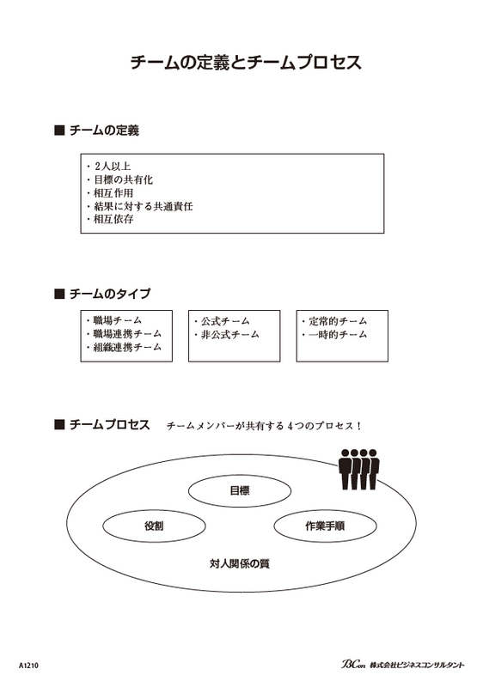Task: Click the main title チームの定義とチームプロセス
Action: (246, 62)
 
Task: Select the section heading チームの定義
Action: (104, 131)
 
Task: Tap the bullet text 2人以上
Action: (113, 167)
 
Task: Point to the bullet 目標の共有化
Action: (123, 179)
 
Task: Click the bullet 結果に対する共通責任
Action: (143, 206)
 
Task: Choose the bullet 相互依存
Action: (113, 219)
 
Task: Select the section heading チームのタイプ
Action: (110, 294)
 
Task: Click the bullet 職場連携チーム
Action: (127, 334)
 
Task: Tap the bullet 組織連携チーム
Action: (127, 348)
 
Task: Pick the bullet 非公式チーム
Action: (230, 335)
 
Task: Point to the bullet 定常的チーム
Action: (338, 321)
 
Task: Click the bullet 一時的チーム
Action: (338, 335)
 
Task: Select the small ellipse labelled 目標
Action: (240, 477)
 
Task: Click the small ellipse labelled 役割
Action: (154, 511)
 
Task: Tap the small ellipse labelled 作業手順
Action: (325, 511)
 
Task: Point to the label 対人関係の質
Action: (240, 563)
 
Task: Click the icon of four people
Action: (359, 469)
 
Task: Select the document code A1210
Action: (29, 666)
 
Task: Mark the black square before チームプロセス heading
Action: (59, 424)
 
